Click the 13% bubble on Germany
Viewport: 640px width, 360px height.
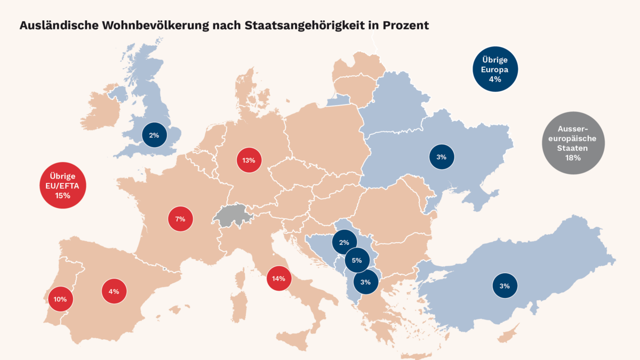pyautogui.click(x=249, y=160)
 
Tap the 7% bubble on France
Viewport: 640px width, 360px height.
pyautogui.click(x=180, y=219)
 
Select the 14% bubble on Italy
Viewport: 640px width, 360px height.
pyautogui.click(x=279, y=278)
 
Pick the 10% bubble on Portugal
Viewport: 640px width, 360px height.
pyautogui.click(x=60, y=299)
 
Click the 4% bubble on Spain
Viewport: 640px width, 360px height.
pyautogui.click(x=114, y=291)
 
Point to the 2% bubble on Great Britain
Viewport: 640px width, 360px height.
pyautogui.click(x=154, y=135)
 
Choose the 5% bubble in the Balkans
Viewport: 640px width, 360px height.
pyautogui.click(x=357, y=261)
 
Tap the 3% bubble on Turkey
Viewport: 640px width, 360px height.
pyautogui.click(x=505, y=286)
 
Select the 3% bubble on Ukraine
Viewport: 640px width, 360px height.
pyautogui.click(x=441, y=157)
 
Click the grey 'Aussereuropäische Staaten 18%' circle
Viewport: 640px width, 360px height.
pyautogui.click(x=573, y=143)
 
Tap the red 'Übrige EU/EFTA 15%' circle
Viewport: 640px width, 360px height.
pyautogui.click(x=63, y=186)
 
